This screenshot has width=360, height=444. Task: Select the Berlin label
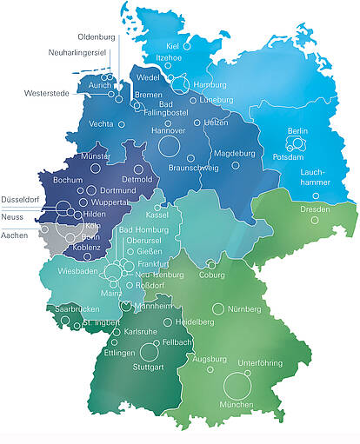(x=297, y=131)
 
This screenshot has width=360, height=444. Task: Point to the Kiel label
(x=172, y=45)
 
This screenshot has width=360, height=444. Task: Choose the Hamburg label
(x=210, y=85)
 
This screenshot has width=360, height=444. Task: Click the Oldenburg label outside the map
(x=97, y=37)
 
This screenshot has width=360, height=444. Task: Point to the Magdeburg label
(x=234, y=154)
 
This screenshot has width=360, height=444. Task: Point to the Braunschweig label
(x=192, y=167)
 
